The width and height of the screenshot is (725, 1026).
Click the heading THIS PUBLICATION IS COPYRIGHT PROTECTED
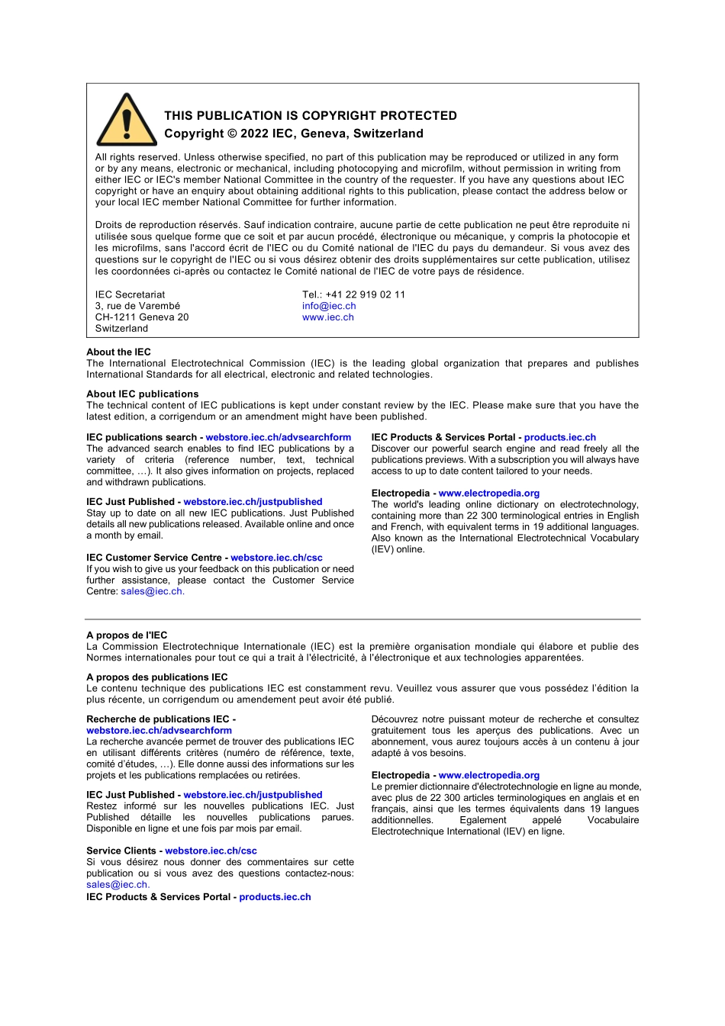point(311,116)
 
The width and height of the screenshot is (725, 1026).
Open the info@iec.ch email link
point(329,306)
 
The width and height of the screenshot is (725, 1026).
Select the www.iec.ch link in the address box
point(327,317)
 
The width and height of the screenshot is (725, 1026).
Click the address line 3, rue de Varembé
point(137,306)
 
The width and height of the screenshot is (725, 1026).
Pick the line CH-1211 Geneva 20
point(141,317)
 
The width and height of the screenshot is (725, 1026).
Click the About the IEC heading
point(118,352)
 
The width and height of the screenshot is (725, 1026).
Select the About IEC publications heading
point(142,394)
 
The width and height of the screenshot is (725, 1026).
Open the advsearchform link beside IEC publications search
point(278,438)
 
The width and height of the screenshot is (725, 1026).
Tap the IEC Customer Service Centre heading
point(156,558)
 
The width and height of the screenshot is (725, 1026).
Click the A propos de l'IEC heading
point(127,635)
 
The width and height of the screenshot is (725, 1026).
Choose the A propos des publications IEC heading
point(156,677)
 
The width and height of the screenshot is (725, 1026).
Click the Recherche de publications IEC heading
point(160,719)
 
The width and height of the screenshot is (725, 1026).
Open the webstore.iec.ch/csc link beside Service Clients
point(211,851)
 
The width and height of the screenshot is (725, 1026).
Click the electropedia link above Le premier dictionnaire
point(488,776)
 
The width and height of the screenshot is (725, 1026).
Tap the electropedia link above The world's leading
point(488,494)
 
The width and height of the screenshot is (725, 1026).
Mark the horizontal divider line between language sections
point(362,619)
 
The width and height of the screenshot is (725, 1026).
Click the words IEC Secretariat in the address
point(130,294)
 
